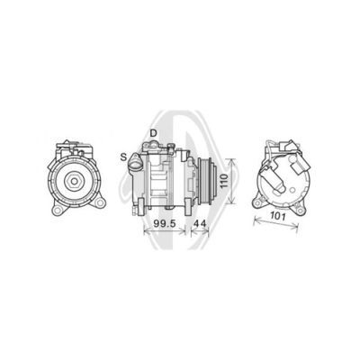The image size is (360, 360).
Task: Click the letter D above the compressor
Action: [153, 133]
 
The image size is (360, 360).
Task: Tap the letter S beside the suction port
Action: [123, 157]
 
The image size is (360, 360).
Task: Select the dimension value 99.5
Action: [165, 223]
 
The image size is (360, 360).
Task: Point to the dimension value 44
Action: [200, 223]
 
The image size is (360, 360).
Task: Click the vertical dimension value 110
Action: [224, 181]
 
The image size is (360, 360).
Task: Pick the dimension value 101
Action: [277, 216]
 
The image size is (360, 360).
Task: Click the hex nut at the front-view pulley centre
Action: [72, 181]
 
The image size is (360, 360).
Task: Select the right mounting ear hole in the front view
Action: [100, 202]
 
